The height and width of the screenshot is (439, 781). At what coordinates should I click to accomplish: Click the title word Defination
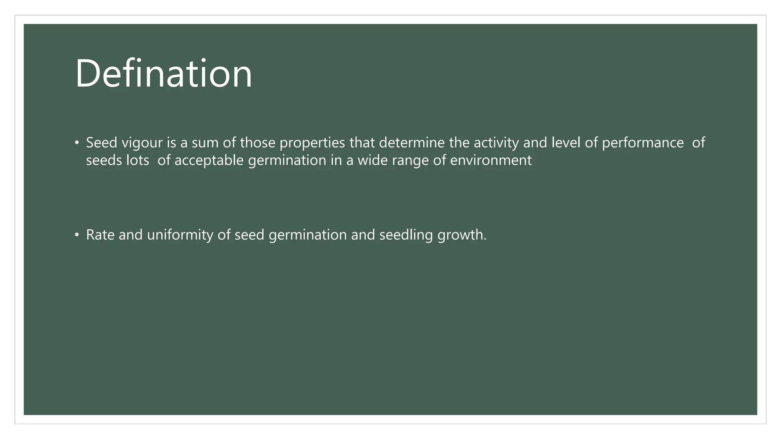(x=164, y=73)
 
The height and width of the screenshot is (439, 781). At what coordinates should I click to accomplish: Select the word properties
(x=312, y=143)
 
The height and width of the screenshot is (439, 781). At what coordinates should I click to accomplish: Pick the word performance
(x=643, y=143)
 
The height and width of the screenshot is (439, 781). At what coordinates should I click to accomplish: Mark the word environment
(x=490, y=160)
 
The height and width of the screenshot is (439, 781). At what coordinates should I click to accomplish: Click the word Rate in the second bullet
(x=100, y=235)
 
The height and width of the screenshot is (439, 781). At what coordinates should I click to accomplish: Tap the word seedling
(x=406, y=235)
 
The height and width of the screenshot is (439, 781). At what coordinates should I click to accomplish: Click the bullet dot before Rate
(x=77, y=235)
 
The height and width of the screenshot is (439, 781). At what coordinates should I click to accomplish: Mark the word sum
(x=205, y=143)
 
